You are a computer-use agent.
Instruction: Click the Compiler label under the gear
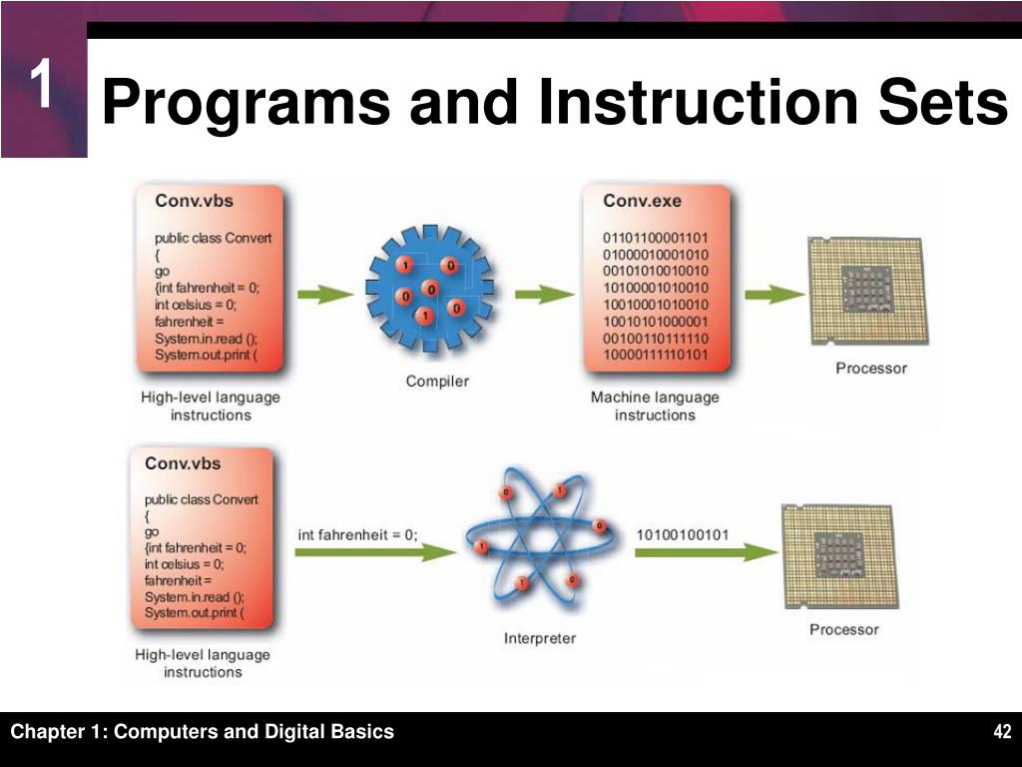click(436, 381)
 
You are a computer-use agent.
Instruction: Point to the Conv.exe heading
click(642, 201)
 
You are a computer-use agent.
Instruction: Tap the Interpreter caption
click(539, 637)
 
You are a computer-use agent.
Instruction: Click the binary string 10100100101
click(683, 534)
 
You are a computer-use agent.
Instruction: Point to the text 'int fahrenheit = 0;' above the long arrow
click(357, 534)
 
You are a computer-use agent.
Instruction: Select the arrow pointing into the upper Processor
click(773, 294)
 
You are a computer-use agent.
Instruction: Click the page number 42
click(1002, 733)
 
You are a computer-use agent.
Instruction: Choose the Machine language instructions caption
click(654, 405)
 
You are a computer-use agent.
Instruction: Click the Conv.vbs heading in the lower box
click(183, 463)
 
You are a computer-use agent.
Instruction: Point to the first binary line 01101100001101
click(655, 238)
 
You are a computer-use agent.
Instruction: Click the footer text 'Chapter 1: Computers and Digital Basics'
click(203, 732)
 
